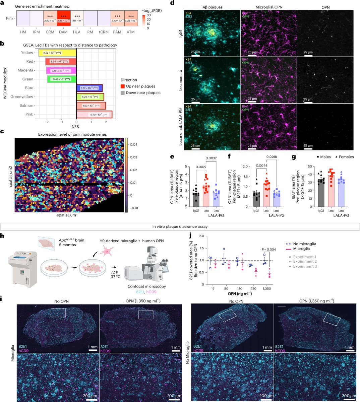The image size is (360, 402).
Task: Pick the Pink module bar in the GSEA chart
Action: (94, 115)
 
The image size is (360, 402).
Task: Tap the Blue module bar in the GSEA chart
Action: (89, 88)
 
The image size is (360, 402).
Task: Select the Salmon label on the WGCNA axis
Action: (27, 106)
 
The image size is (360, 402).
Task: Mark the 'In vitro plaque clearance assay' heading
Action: (180, 226)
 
